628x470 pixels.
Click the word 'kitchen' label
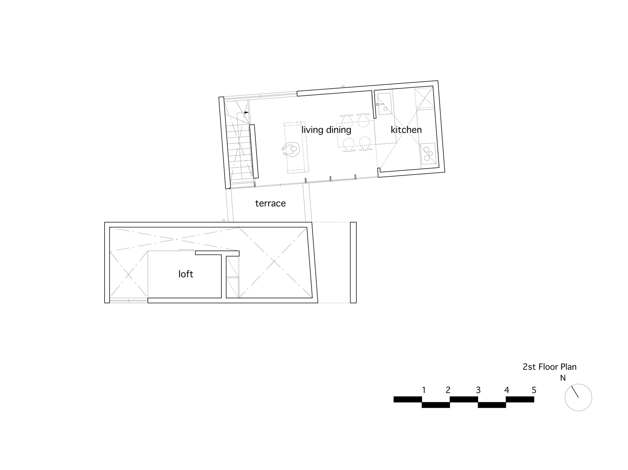(406, 130)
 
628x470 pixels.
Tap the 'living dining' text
(326, 130)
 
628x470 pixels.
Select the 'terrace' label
(270, 203)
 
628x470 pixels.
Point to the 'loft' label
(186, 274)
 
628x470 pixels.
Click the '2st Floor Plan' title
(549, 367)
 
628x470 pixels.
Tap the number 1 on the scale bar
(424, 390)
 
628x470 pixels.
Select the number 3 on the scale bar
(478, 390)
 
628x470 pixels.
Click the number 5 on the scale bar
(534, 390)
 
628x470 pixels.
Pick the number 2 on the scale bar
(448, 390)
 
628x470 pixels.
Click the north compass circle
(578, 397)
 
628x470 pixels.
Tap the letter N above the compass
(563, 378)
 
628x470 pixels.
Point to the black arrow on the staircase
(246, 112)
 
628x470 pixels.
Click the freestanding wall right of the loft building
(353, 262)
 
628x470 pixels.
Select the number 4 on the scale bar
(506, 390)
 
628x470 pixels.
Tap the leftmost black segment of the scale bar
(408, 399)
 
